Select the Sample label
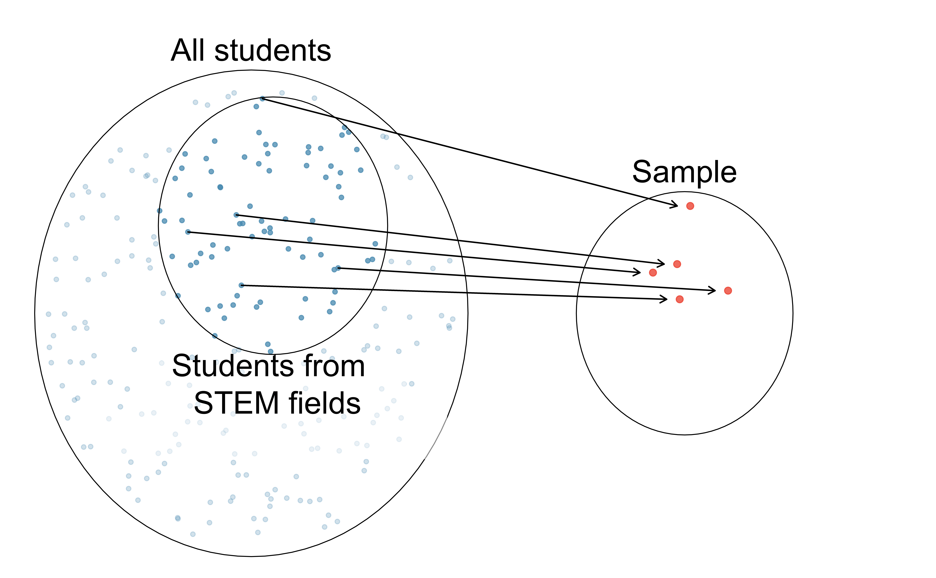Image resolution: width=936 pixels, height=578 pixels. [684, 172]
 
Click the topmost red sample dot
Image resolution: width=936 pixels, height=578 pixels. [690, 206]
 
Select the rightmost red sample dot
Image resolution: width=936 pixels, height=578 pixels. [728, 291]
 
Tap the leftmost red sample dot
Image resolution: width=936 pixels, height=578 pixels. [653, 273]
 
